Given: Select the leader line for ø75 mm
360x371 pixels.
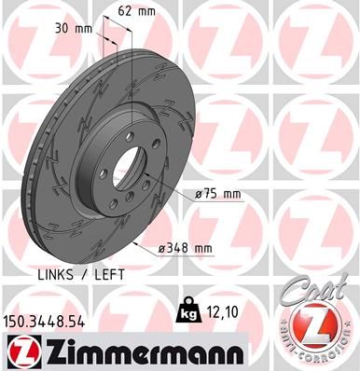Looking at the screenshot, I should click(177, 186).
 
